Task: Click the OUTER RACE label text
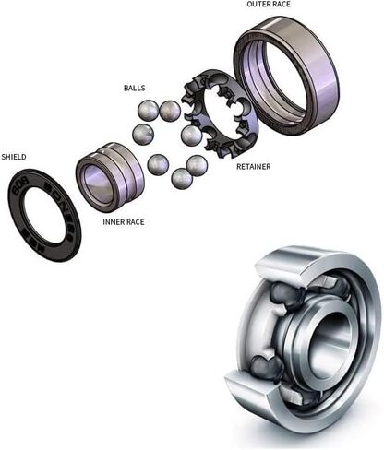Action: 268,5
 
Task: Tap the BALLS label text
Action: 134,89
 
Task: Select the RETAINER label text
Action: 253,167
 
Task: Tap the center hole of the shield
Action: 44,214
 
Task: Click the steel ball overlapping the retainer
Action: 191,136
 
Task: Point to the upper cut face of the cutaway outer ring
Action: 278,268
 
